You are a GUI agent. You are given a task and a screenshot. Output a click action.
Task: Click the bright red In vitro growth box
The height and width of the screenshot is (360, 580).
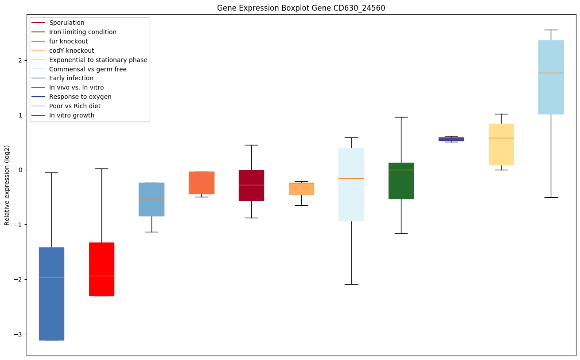101,269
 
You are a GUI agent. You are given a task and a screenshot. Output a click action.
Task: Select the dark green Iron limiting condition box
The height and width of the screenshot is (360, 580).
401,181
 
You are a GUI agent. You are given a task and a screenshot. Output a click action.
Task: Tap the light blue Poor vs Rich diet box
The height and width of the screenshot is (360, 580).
551,78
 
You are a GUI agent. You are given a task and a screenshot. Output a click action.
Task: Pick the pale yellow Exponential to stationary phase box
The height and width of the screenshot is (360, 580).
501,145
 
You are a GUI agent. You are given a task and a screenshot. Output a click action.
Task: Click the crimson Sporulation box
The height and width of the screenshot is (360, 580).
251,185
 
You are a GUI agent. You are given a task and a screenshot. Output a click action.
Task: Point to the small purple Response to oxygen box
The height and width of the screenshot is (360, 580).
451,139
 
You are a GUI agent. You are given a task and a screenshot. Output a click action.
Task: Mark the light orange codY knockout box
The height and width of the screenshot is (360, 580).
301,189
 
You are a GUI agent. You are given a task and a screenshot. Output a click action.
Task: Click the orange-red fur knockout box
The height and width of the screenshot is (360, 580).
202,183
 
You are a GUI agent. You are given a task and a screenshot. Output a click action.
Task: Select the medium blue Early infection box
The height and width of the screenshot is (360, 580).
152,200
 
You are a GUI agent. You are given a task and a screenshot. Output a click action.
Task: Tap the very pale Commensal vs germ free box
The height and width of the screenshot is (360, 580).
351,184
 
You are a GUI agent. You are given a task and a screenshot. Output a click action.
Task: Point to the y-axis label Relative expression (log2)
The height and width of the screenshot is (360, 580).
7,185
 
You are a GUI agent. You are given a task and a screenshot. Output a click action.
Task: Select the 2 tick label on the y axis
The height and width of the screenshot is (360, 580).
20,60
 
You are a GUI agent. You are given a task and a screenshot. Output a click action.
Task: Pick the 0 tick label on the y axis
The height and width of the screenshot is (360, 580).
20,170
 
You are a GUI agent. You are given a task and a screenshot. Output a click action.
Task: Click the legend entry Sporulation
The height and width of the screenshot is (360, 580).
67,23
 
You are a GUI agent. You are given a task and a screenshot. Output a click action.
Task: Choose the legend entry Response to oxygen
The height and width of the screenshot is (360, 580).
80,97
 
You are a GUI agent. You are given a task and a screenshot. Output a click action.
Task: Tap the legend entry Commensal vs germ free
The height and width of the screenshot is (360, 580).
88,69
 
